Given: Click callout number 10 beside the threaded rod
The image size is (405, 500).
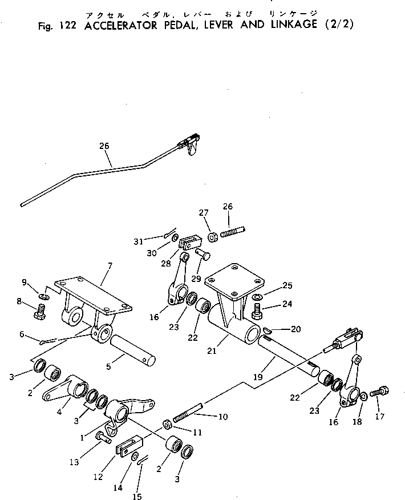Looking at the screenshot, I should coord(222,417).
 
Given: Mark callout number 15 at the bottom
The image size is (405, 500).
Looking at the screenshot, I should coord(137,497).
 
